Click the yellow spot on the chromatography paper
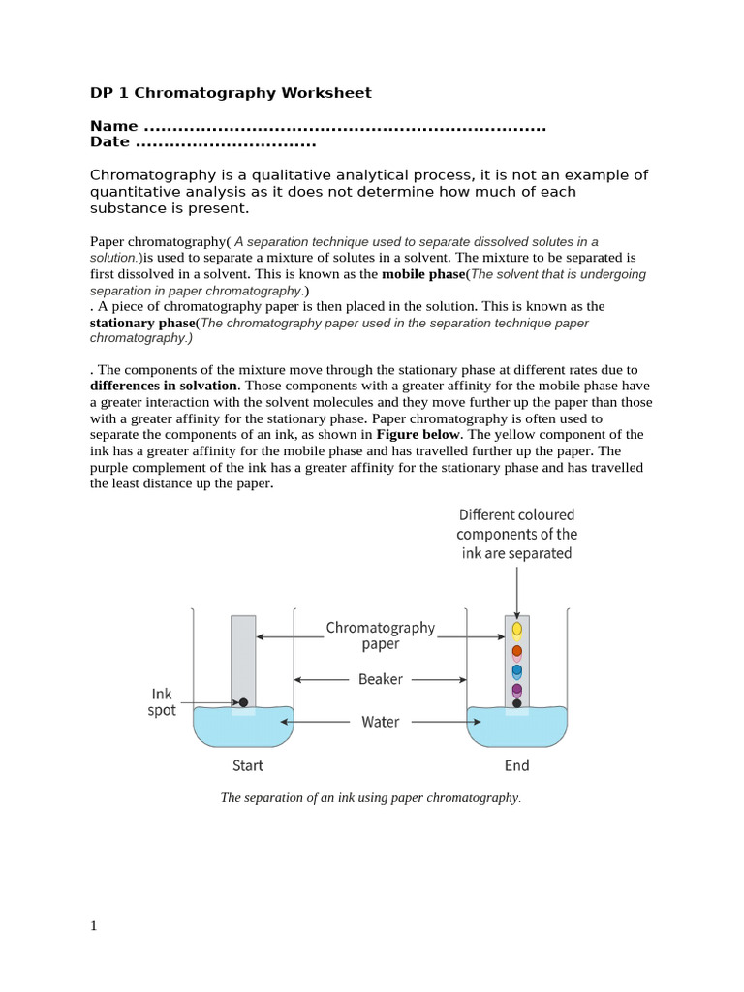[x=517, y=629]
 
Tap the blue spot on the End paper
[x=517, y=670]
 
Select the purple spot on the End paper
[x=517, y=690]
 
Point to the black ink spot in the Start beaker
[x=243, y=702]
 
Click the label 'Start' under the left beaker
[x=248, y=765]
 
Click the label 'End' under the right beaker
[x=517, y=765]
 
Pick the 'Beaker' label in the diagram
[x=381, y=679]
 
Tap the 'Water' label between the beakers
[x=381, y=722]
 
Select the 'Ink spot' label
[x=163, y=702]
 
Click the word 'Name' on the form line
[x=113, y=127]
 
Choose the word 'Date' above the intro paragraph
[x=110, y=142]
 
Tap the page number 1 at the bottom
[x=94, y=926]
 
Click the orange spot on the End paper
[x=517, y=651]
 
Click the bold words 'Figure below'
[x=418, y=434]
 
